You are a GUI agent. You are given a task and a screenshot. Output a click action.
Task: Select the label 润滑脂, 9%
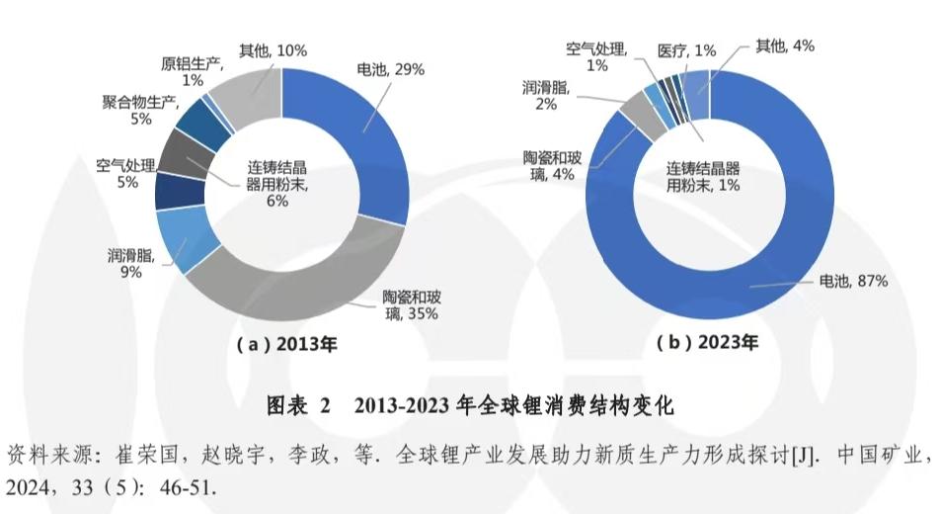(124, 262)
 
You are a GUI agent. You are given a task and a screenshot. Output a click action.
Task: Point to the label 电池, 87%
(854, 281)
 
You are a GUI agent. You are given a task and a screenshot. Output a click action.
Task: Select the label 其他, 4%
(785, 45)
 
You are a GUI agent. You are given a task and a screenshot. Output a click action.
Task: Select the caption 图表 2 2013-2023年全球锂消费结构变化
(470, 405)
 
